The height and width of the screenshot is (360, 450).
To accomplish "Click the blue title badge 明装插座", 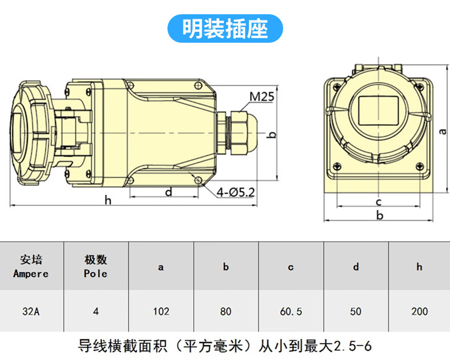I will click(225, 28).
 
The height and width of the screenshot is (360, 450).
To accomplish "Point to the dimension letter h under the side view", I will click(108, 200).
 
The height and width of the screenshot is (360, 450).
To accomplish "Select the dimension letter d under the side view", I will click(169, 192).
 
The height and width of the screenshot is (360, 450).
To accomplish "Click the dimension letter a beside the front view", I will click(443, 131).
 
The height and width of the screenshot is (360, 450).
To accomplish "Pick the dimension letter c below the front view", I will click(378, 202).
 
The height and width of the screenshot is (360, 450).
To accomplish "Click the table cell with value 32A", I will click(31, 312).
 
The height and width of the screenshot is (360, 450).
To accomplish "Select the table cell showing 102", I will click(161, 312).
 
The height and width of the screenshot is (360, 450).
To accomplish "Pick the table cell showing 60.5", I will click(291, 312).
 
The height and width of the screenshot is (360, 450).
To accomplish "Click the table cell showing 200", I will click(419, 312).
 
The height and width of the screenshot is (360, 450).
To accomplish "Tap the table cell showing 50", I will click(355, 312).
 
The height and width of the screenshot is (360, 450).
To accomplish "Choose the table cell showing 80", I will click(226, 312).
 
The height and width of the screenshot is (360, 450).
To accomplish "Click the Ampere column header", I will click(31, 266).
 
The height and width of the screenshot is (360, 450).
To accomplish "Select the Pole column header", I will click(96, 266).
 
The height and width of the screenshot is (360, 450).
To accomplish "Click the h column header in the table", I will click(419, 267).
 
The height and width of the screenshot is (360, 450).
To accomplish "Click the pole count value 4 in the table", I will click(96, 312).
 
